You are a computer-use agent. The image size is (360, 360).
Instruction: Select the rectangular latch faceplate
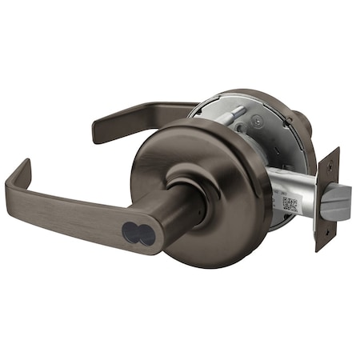(326, 200)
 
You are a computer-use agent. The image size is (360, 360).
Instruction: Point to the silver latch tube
(292, 192)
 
